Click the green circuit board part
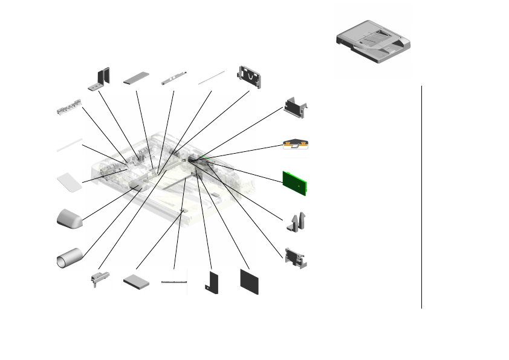pos(296,182)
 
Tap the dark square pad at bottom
pos(248,281)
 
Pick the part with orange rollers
pos(296,145)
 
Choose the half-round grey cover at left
pos(69,218)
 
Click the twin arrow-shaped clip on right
pos(296,222)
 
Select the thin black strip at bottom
pos(175,281)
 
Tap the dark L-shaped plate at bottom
pos(211,283)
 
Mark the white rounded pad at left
pos(70,182)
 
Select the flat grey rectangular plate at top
pos(137,79)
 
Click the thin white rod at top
pos(212,77)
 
